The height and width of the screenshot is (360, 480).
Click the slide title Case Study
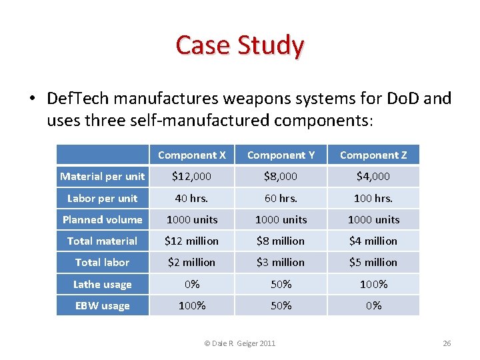coord(240,45)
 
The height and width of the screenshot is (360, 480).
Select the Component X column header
coord(192,155)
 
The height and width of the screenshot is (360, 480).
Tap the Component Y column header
coord(281,155)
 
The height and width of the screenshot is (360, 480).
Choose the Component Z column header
coord(373,155)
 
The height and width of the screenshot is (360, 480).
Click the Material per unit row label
coord(102,177)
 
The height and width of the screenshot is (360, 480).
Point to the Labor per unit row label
coord(102,198)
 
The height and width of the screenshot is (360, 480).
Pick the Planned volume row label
coord(102,219)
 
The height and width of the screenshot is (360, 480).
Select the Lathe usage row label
coord(102,285)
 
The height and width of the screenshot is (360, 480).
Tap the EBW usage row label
coord(102,306)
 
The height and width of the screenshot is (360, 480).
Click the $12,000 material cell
coord(192,177)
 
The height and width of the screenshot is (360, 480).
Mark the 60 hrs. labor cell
coord(281,198)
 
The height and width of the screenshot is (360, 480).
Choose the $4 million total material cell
coord(373,241)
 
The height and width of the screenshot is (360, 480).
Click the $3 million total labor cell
coord(281,263)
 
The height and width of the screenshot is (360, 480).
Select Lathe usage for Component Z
coord(373,285)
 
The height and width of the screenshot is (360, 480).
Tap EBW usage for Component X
coord(192,306)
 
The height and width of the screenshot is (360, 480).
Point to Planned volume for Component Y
coord(281,219)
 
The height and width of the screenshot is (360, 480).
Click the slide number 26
coord(447,343)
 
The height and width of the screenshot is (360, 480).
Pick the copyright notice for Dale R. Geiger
coord(239,343)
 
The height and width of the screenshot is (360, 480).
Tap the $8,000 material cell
coord(281,177)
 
